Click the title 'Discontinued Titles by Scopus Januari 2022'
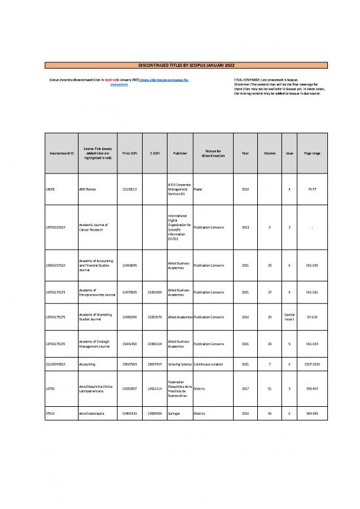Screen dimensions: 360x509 180,65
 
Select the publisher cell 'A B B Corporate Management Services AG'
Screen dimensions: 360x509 179,189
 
